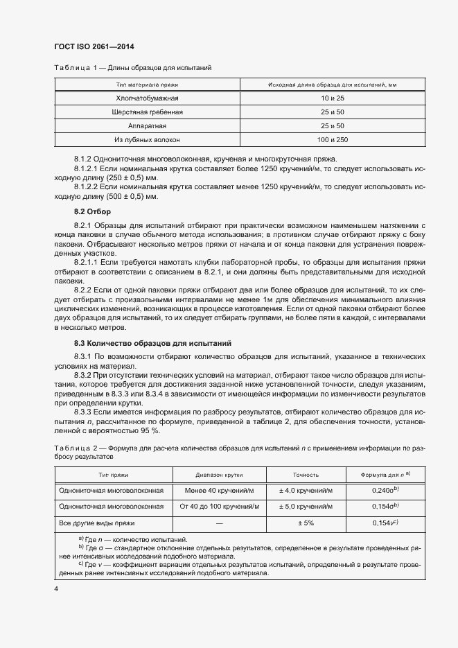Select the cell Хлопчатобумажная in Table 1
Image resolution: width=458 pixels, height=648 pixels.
(147, 98)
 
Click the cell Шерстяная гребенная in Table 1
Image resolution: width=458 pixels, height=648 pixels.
(147, 112)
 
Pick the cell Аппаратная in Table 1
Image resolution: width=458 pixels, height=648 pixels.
(147, 125)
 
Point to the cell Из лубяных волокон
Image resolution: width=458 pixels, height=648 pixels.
(147, 139)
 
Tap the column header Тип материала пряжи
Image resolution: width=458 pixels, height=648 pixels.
(147, 85)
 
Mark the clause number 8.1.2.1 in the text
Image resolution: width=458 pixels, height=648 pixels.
(85, 168)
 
